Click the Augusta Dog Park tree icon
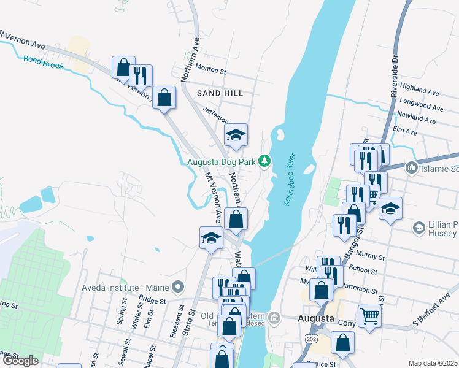point(264,161)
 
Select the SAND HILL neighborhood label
point(220,93)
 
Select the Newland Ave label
point(419,117)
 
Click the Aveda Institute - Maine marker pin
point(178,286)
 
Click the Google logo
point(20,361)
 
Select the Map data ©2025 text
point(433,363)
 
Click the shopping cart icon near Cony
point(369,316)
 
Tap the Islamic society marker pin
point(411,167)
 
